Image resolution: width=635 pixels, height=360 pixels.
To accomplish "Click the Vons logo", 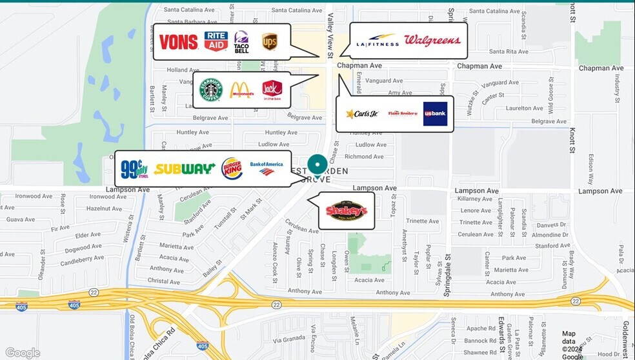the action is coord(179,42).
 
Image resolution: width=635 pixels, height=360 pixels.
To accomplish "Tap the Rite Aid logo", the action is coord(216,42).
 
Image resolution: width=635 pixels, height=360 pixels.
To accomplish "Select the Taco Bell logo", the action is coord(241,42).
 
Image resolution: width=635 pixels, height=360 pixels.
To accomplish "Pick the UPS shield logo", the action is coord(269,42).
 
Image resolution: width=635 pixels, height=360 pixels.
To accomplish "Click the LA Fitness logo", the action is coord(376,41).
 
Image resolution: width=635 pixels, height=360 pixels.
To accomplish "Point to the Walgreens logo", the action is coord(432,41).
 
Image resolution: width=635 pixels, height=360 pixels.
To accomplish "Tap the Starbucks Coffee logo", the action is coord(211,90).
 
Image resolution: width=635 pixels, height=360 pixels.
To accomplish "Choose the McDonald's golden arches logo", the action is coord(241,90).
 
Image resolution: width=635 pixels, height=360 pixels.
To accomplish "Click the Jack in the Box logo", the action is coord(272,90).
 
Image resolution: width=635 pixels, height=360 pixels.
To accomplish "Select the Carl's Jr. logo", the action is coord(362,114).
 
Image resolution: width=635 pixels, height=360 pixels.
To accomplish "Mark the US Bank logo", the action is coord(435,114).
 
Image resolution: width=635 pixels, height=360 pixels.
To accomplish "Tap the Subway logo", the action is coord(184,169).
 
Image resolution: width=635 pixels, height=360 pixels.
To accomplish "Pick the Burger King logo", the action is coord(232,169).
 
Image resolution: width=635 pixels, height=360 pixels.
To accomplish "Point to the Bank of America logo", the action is coord(267,168).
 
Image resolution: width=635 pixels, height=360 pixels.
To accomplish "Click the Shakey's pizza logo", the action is coord(347,210).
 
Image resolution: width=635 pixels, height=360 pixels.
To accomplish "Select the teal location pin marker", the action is coord(316,166).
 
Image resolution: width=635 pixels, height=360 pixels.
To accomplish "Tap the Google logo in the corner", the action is coord(23,353).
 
